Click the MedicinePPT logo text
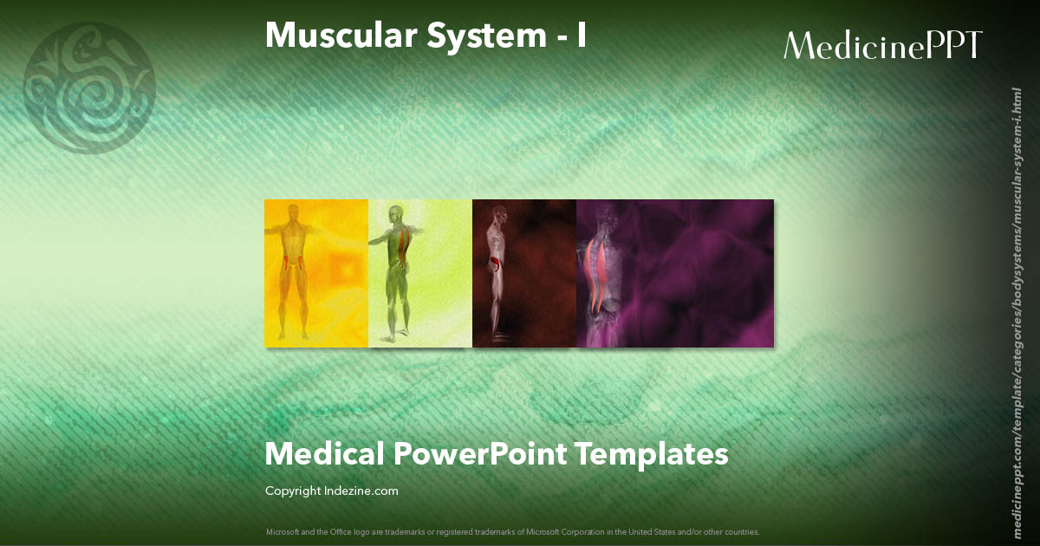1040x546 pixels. point(882,46)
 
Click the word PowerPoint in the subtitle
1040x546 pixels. point(480,453)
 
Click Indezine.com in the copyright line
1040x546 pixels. point(363,491)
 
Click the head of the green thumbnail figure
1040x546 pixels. point(396,212)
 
